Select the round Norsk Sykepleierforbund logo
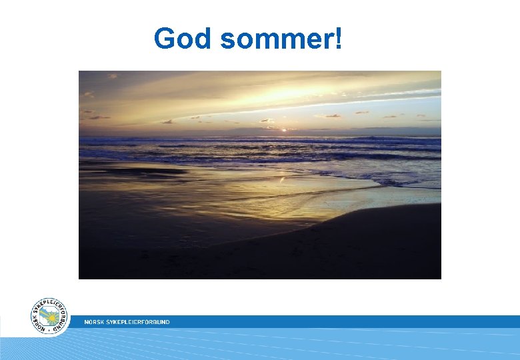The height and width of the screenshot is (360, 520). (49, 316)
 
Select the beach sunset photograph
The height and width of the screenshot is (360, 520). (260, 175)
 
